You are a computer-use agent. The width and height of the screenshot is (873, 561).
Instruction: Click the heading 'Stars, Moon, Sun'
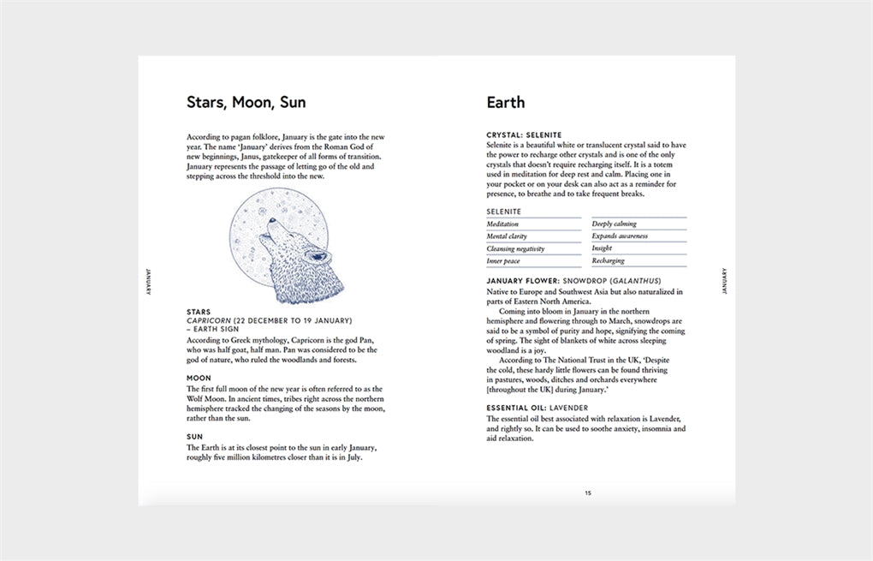pos(246,103)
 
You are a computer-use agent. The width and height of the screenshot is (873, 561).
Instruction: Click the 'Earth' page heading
pos(505,103)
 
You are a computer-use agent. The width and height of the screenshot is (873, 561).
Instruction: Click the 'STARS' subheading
pos(199,312)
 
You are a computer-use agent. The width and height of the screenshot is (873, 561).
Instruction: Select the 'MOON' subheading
pos(199,378)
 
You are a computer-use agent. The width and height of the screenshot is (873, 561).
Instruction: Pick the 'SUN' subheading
pos(194,437)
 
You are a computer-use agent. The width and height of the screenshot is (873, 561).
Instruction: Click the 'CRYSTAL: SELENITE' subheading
pos(524,135)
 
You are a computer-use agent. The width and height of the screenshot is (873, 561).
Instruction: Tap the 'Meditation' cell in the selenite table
pos(502,224)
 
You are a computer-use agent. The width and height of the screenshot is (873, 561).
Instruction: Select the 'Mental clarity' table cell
pos(507,236)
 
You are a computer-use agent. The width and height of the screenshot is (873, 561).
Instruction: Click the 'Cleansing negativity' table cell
pos(515,248)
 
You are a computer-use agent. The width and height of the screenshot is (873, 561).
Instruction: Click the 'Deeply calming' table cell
pos(614,224)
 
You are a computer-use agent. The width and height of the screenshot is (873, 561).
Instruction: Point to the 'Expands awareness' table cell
pos(620,236)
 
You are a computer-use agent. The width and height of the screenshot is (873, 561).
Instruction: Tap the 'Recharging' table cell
pos(609,261)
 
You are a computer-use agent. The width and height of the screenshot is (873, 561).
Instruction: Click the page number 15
pos(587,492)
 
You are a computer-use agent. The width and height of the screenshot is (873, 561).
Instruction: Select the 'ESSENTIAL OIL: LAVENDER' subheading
pos(537,408)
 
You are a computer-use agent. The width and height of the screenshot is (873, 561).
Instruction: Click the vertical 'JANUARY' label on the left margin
pos(148,281)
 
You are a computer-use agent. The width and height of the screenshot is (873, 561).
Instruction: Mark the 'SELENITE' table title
pos(503,212)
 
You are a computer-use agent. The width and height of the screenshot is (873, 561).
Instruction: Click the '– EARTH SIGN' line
pos(214,329)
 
